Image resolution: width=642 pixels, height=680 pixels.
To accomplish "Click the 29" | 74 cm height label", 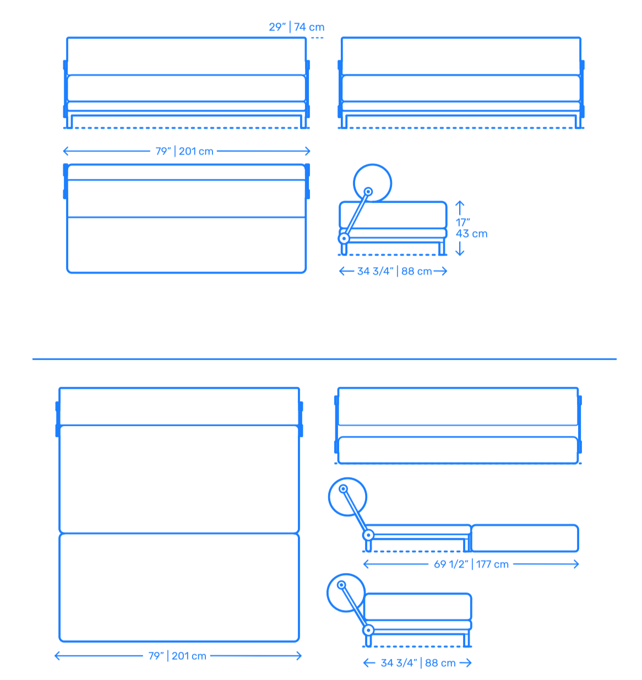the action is coord(296,26).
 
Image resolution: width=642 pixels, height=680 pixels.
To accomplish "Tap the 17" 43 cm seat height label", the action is coord(471,228).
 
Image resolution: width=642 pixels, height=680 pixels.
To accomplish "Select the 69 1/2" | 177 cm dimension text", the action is coord(471,564).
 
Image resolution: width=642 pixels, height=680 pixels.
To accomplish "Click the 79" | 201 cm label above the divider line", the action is coord(184,151).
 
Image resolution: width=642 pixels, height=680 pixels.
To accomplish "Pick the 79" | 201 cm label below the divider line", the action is coord(177,656).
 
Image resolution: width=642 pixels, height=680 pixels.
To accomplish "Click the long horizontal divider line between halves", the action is coord(324,359).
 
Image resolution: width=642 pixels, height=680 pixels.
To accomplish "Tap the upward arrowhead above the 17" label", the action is coord(460,203).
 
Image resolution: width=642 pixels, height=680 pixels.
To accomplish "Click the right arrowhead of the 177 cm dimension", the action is coord(575,564).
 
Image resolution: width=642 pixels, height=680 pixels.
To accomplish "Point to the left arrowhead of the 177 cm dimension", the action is coord(367,564).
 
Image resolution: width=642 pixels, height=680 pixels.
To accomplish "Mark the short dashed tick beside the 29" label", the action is coord(317,37).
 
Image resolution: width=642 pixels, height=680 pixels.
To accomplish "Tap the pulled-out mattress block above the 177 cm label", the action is coord(525,538).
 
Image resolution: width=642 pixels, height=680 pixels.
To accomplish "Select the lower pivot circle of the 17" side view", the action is coord(344,238).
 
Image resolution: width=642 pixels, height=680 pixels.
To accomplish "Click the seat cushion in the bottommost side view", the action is coord(417,607).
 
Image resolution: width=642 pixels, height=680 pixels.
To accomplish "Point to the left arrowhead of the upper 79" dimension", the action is coord(67,151).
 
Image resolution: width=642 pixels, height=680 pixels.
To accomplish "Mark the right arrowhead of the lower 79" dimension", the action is coord(298,656).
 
